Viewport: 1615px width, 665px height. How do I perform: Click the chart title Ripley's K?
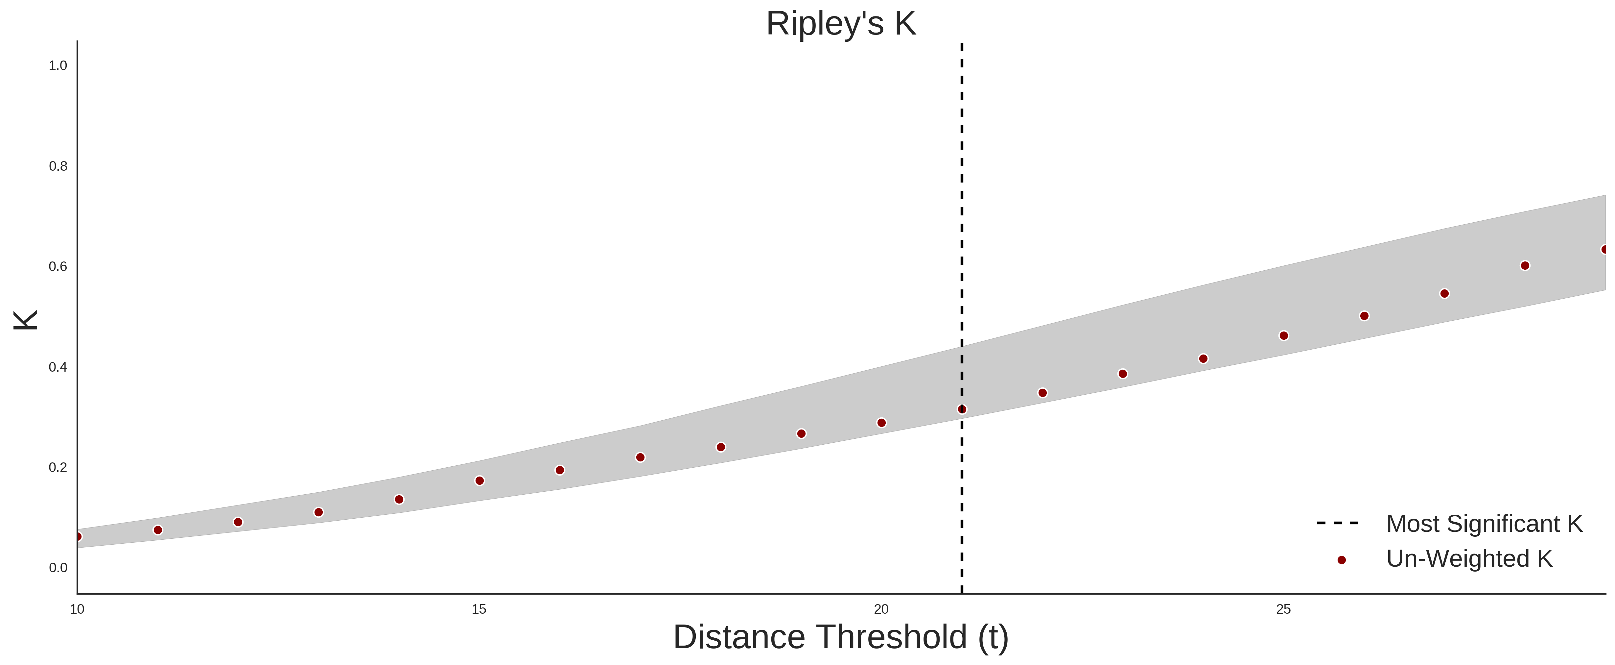click(x=841, y=24)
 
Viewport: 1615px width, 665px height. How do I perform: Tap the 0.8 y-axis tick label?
click(x=58, y=166)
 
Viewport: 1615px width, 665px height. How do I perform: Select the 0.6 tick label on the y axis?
click(x=58, y=267)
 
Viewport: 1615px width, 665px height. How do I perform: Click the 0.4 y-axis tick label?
click(x=58, y=367)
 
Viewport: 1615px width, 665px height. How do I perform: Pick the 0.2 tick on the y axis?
click(x=58, y=467)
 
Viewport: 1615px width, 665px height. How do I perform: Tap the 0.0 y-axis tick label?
click(x=58, y=568)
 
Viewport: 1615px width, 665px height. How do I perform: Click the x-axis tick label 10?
click(x=77, y=609)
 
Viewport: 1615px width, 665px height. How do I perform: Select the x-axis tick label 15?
click(x=479, y=609)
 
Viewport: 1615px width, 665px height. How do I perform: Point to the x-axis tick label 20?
click(x=881, y=609)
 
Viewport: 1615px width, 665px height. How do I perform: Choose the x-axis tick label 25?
click(x=1283, y=609)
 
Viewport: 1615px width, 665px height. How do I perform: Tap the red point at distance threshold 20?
click(x=881, y=423)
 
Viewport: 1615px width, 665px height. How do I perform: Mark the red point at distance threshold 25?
click(x=1283, y=336)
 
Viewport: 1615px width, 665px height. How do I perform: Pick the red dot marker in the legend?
click(x=1341, y=560)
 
